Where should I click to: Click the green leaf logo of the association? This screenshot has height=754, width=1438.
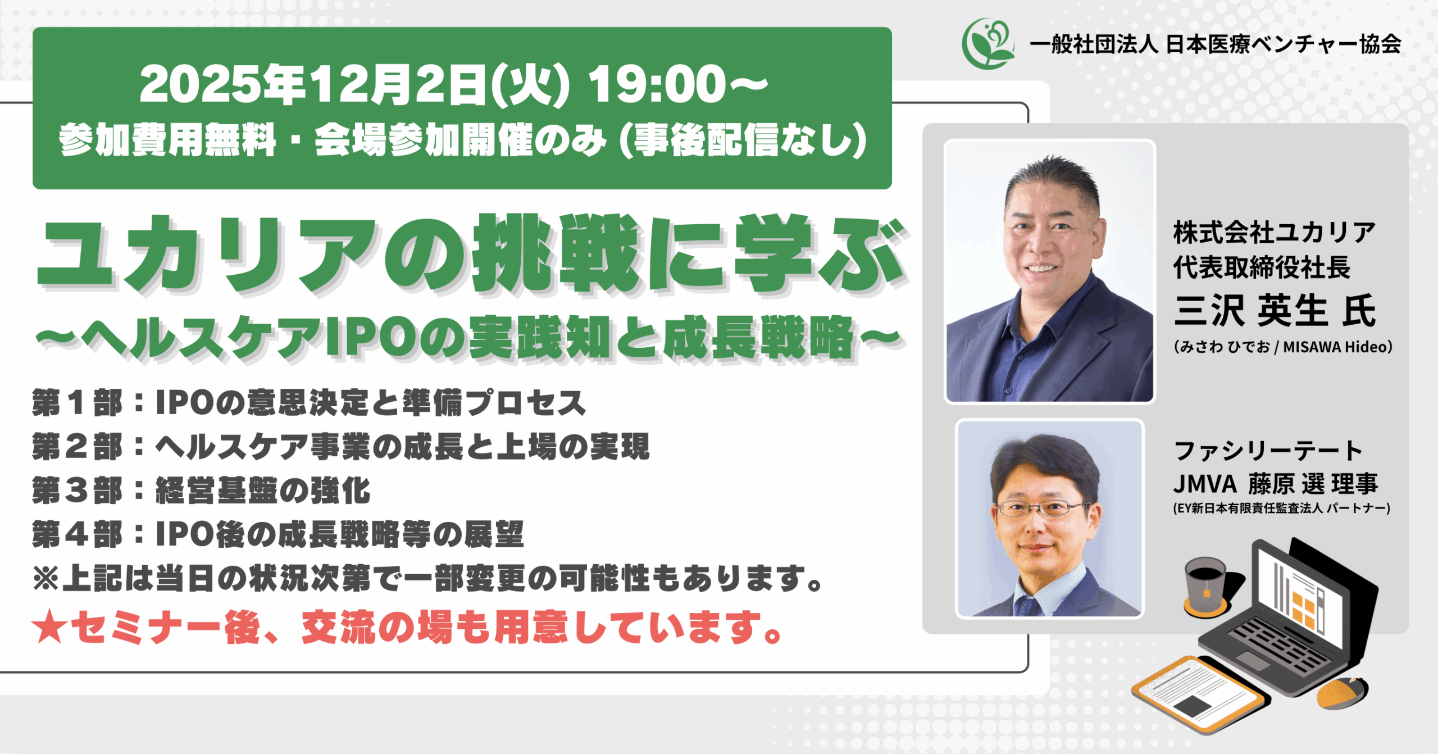[x=988, y=44]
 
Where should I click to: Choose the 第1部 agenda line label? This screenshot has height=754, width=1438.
[x=77, y=403]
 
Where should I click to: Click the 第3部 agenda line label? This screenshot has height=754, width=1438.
[x=77, y=490]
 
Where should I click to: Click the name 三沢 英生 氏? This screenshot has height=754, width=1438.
[x=1275, y=311]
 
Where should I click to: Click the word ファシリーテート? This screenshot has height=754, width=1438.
[x=1268, y=451]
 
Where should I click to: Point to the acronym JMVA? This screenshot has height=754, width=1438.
[x=1205, y=484]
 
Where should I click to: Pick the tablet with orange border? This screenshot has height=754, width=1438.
[x=1199, y=695]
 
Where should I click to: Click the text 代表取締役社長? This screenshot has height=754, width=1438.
[x=1261, y=267]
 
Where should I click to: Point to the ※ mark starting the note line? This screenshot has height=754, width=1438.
[x=45, y=579]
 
